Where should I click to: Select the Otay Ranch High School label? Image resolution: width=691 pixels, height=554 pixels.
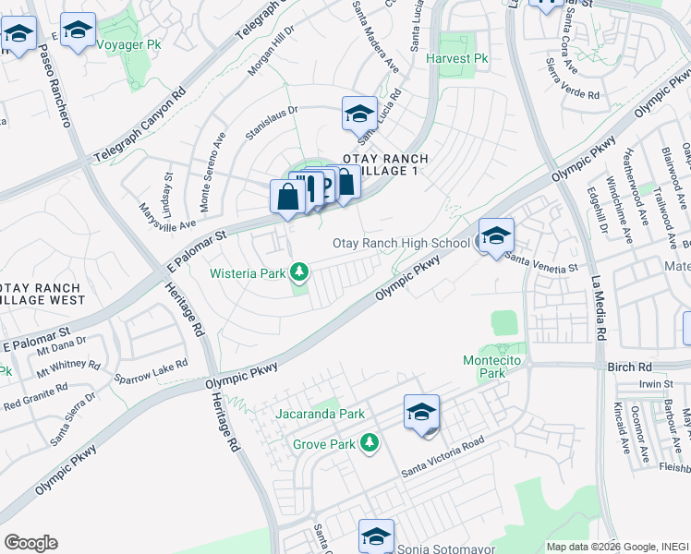pyautogui.click(x=401, y=243)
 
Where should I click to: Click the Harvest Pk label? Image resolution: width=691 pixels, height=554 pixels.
pyautogui.click(x=456, y=58)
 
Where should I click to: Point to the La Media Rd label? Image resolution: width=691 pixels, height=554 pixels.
pyautogui.click(x=598, y=306)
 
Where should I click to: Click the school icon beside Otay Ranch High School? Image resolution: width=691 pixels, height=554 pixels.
pyautogui.click(x=496, y=235)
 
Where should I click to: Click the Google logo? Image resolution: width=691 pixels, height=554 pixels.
pyautogui.click(x=30, y=542)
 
